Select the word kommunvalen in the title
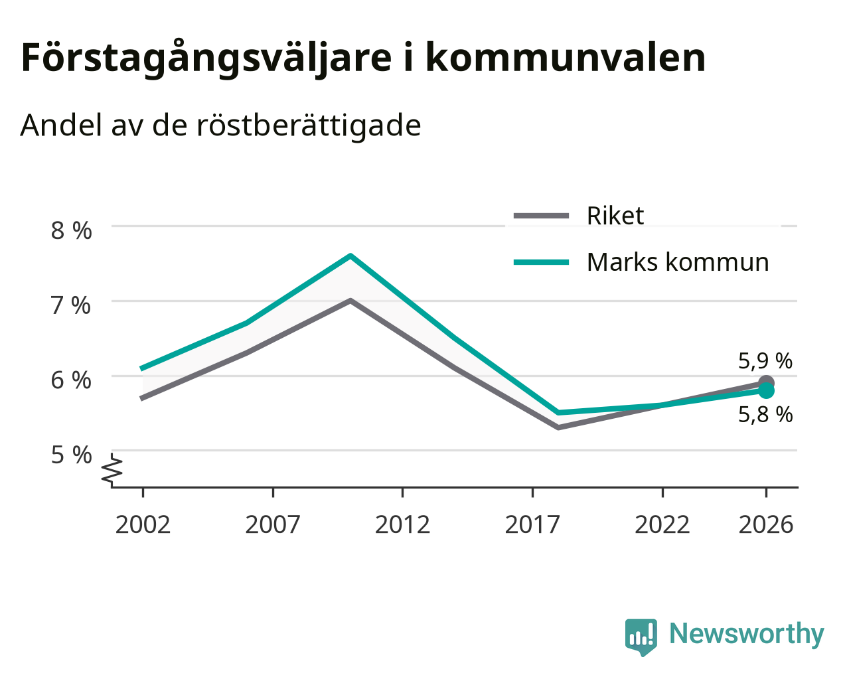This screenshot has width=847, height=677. pos(566,58)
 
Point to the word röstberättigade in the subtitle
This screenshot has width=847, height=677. pos(309,125)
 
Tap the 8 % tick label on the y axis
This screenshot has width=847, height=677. pos(71,231)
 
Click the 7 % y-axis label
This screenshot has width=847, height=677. pos(71,305)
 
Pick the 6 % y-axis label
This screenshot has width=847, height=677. pos(71,380)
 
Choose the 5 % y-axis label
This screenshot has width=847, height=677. pos(71,455)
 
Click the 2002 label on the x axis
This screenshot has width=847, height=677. pos(143,524)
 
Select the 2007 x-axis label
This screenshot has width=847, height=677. pos(273,524)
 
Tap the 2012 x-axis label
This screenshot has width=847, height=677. pos(402,524)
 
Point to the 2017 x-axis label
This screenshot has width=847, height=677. pos(532,524)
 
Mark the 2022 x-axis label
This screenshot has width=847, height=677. pos(662,524)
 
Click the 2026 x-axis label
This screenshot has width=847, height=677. pos(766,524)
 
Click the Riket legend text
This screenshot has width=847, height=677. pos(615,216)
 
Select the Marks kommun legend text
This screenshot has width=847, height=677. pos(678,262)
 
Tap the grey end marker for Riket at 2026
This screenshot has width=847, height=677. pos(766,382)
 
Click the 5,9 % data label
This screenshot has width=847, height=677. pos(765,360)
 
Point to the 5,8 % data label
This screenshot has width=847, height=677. pos(765,414)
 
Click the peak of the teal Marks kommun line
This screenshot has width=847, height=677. pos(350,256)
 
